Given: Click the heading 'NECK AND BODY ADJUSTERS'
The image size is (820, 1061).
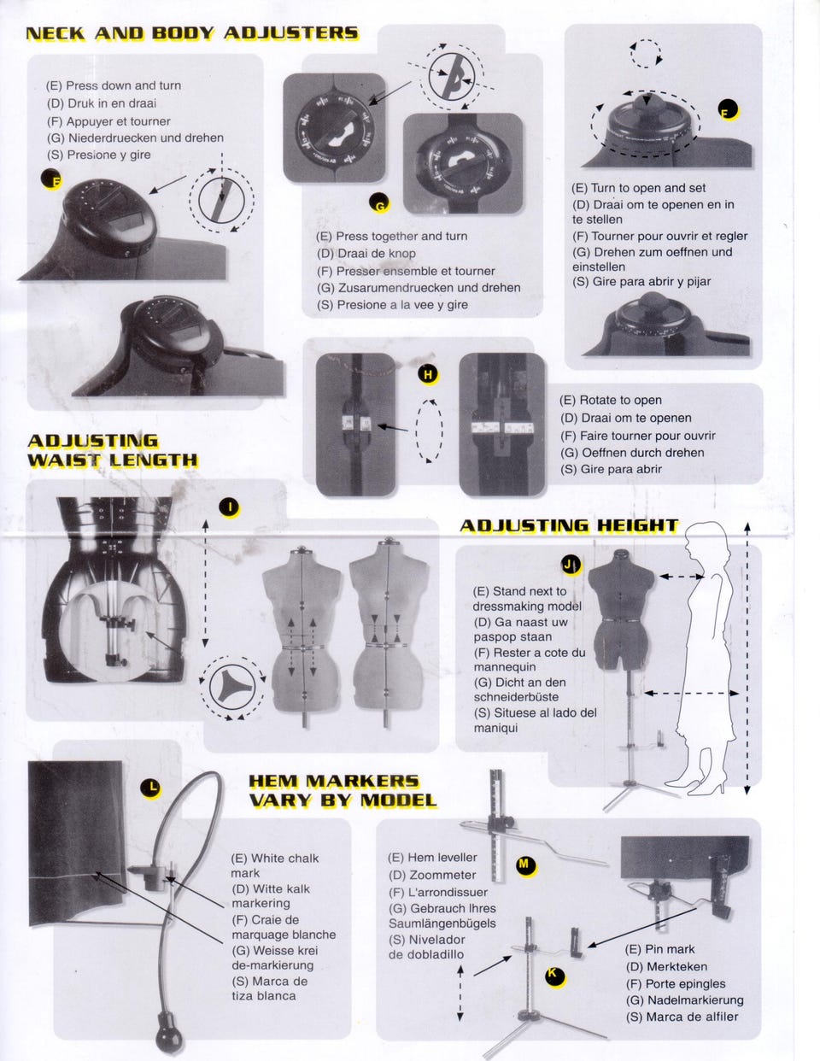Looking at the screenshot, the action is click(192, 33).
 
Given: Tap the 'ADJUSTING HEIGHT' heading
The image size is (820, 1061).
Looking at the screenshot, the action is click(569, 525).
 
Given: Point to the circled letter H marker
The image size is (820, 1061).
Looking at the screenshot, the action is click(428, 375).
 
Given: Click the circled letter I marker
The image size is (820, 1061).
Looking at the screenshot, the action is click(230, 507).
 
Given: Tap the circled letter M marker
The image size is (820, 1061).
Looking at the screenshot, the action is click(525, 865).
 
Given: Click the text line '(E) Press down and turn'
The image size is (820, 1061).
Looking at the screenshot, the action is click(114, 85).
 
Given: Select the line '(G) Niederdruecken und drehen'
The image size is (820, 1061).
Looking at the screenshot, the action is click(135, 138).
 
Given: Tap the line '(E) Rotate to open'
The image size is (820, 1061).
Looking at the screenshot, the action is click(611, 400).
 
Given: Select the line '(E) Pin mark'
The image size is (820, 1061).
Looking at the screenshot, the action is click(660, 949).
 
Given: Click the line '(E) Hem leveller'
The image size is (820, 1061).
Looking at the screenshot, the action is click(432, 858).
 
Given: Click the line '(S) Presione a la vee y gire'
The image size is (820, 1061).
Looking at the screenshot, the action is click(392, 305).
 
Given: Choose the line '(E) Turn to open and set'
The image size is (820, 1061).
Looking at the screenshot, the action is click(638, 188).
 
